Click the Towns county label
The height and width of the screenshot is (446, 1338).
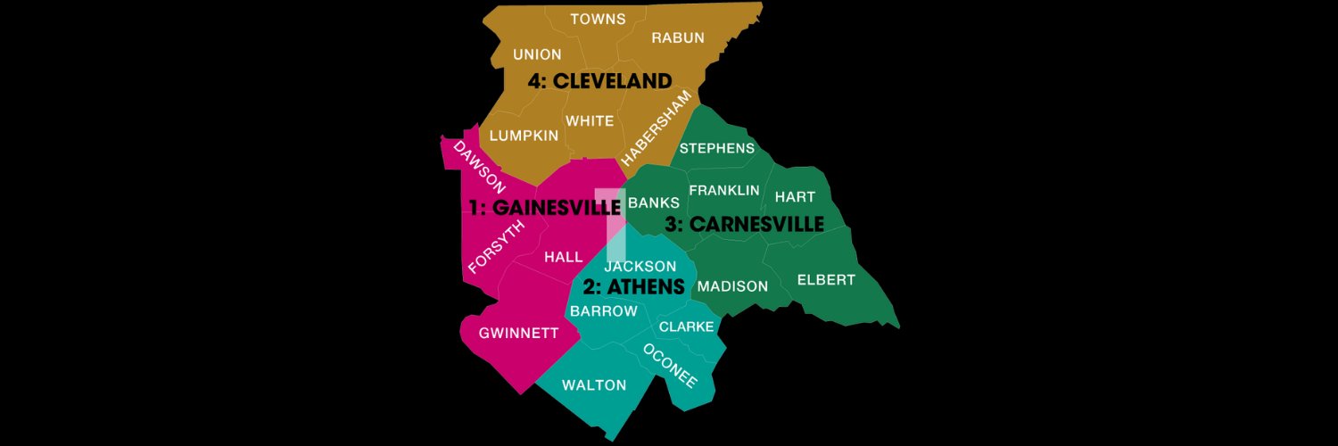tap(598, 19)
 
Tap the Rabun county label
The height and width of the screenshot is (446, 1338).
tap(678, 37)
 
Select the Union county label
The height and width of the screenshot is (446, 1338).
tap(537, 55)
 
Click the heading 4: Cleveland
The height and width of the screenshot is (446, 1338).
tap(599, 81)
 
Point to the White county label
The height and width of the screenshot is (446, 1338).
tap(590, 120)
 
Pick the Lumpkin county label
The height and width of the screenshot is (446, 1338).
tap(524, 136)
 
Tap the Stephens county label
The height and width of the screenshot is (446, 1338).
tap(717, 148)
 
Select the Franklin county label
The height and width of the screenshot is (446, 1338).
tap(724, 190)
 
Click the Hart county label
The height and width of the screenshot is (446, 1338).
tap(795, 196)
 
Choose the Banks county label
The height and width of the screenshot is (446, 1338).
tap(654, 203)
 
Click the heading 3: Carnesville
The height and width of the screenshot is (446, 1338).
tap(744, 225)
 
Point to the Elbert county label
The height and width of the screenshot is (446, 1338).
tap(826, 280)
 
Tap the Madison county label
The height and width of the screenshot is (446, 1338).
tap(732, 286)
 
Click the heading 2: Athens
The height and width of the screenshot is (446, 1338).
tap(633, 287)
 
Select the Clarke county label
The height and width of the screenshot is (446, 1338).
tap(687, 327)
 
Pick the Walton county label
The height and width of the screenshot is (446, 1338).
tap(594, 385)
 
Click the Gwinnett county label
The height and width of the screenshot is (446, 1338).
tap(519, 334)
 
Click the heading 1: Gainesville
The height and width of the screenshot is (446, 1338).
tap(545, 208)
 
